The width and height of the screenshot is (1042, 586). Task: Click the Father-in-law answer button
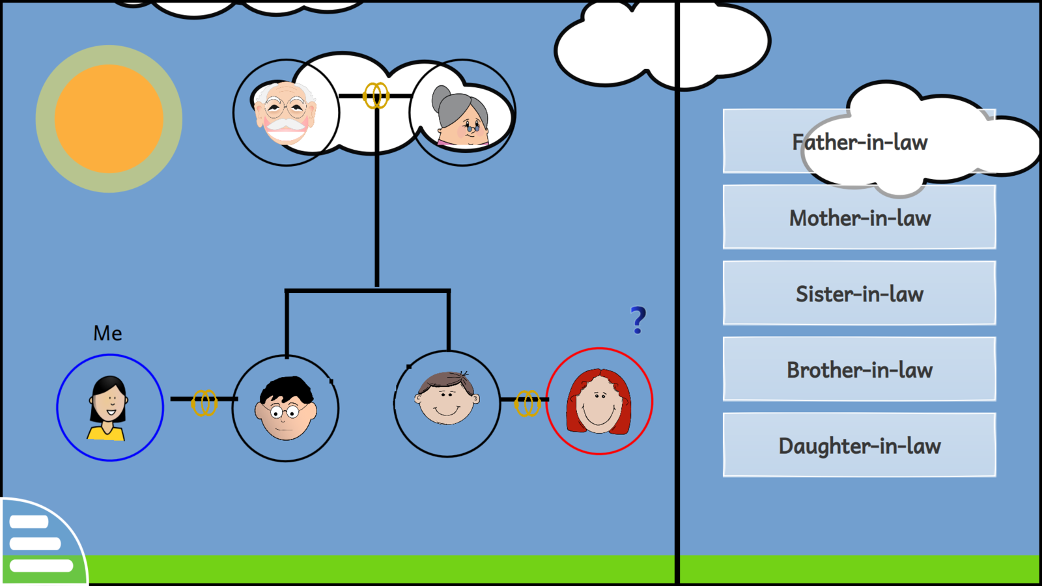click(859, 142)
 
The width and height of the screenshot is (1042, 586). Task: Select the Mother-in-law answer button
click(859, 217)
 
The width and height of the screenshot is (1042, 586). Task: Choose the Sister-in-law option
click(859, 294)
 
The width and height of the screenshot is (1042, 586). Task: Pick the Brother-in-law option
click(859, 370)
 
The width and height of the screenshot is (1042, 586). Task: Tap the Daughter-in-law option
click(859, 445)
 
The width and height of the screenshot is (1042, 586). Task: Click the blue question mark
click(638, 320)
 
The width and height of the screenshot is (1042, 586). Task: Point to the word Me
click(107, 333)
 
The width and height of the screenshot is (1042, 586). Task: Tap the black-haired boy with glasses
click(286, 409)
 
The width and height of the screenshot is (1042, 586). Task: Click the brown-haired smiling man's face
click(447, 398)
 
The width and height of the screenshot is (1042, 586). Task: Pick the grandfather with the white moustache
click(286, 113)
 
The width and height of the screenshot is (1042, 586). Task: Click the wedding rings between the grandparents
click(376, 96)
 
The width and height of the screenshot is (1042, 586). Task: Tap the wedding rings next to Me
click(204, 403)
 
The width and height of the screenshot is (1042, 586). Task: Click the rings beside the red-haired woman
click(528, 404)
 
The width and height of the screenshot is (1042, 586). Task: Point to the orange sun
click(109, 119)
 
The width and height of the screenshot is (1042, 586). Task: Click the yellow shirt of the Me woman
click(106, 433)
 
